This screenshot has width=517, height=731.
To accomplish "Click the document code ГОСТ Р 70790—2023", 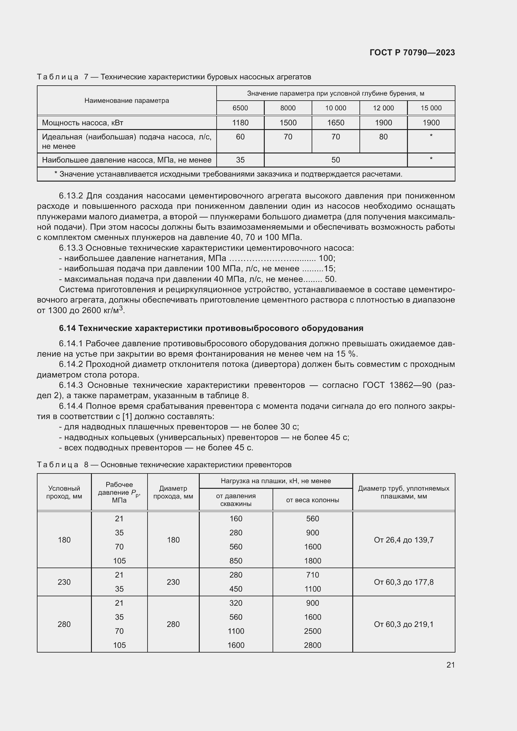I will (412, 53).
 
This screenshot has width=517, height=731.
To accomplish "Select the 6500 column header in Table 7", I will (240, 108).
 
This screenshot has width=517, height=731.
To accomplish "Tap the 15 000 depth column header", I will (431, 108).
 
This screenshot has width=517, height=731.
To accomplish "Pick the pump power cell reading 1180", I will (240, 123).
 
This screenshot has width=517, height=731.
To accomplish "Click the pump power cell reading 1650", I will (335, 123).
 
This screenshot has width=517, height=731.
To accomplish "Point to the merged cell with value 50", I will (335, 160).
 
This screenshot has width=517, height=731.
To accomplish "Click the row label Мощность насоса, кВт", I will (83, 123).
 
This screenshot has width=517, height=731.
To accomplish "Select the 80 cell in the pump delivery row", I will (383, 137).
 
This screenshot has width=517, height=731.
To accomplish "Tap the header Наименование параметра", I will (127, 101).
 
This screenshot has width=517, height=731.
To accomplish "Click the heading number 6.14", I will (67, 328).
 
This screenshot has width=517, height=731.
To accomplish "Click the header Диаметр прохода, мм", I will (173, 492).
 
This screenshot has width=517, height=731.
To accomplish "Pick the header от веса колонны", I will (312, 500).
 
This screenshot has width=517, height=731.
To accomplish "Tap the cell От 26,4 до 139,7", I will (403, 540).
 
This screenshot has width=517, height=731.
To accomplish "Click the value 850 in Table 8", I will (236, 561).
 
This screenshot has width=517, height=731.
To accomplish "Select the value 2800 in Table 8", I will (312, 645).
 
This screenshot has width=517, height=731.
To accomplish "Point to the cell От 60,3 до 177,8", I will (403, 582).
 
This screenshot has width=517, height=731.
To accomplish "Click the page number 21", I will (450, 665).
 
